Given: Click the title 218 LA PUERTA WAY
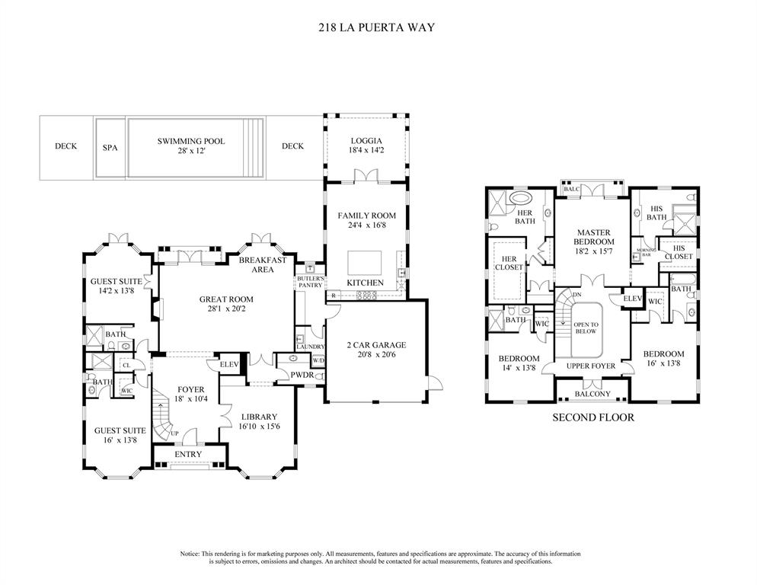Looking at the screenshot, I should pos(377,27).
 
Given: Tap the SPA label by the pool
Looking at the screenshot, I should pos(110,147).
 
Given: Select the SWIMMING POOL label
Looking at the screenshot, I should pos(191,141).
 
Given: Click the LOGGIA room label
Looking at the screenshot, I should pos(365,141).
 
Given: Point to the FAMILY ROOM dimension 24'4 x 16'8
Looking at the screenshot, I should pos(365,225).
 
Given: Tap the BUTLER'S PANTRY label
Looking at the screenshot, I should pos(310,282).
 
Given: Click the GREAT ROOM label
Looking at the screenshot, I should pos(226,299).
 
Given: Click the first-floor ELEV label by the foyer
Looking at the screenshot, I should pos(229,364).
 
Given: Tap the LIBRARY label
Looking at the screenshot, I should pos(259,417).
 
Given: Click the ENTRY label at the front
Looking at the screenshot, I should pos(188,454).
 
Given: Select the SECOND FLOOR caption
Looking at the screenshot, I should pos(593,417).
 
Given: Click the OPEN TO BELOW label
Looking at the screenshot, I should pos(587,328).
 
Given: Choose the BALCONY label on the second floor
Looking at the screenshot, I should pos(592,394).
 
